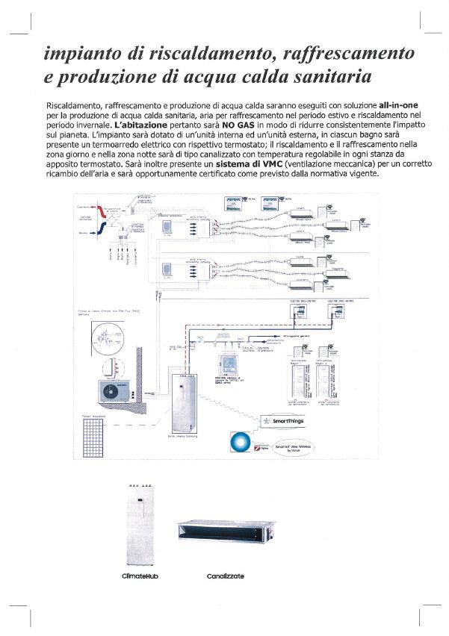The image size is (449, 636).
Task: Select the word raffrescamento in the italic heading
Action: (350, 54)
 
